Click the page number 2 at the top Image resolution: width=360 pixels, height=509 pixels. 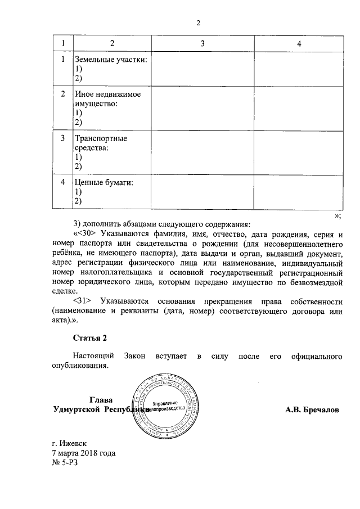pyautogui.click(x=198, y=23)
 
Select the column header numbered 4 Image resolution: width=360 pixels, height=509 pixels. pyautogui.click(x=299, y=44)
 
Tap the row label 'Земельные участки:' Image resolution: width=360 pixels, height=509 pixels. pyautogui.click(x=111, y=60)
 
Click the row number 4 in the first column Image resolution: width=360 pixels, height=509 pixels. pyautogui.click(x=63, y=182)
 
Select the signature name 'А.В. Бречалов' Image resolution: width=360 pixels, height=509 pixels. pyautogui.click(x=312, y=409)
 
